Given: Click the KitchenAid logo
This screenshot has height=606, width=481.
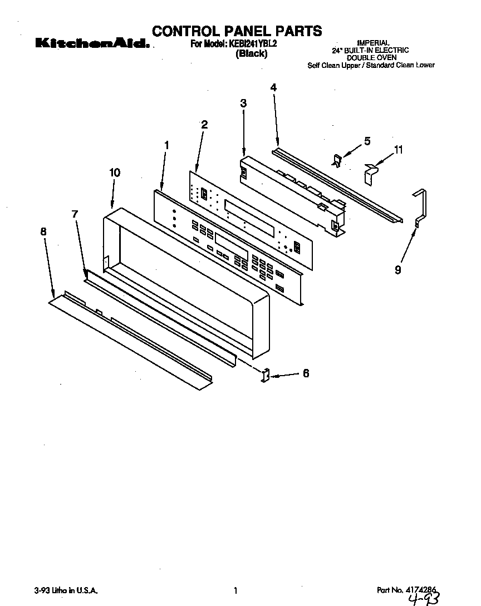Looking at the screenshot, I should (x=92, y=44).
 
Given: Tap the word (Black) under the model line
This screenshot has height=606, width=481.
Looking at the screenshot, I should (x=251, y=54).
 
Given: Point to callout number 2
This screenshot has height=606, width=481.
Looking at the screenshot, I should (x=204, y=125).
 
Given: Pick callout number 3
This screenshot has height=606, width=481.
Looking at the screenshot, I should (x=243, y=103).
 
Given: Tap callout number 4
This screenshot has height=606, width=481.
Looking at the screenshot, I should (x=273, y=87).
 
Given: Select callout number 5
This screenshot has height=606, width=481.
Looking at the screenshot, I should (x=367, y=141).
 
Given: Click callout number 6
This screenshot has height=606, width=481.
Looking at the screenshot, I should (x=306, y=373).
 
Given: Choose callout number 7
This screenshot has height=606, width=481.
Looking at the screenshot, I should (x=75, y=214).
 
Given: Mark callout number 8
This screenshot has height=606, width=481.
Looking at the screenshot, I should (x=43, y=231).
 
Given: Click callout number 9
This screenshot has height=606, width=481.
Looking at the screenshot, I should (x=398, y=270).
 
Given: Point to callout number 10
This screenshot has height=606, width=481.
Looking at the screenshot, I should (x=114, y=173).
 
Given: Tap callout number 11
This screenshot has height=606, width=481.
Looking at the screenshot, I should (x=399, y=150).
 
